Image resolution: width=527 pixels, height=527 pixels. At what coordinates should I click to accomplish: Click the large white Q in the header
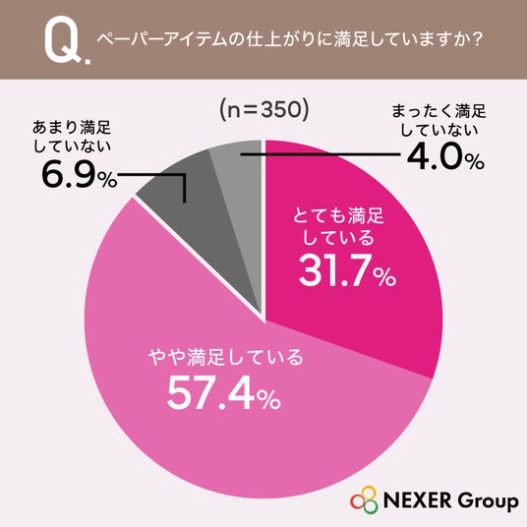click(x=63, y=42)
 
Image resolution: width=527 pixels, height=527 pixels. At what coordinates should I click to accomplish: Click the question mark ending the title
click(x=477, y=39)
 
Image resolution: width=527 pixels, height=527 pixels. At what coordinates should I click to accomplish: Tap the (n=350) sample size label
click(x=263, y=110)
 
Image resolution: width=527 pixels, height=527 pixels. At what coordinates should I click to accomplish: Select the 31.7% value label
click(x=347, y=270)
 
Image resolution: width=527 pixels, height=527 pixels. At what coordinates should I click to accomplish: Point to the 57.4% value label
click(x=224, y=392)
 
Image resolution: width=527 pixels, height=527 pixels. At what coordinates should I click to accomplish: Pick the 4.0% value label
click(x=445, y=157)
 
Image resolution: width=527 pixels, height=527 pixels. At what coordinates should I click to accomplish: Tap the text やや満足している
click(x=226, y=357)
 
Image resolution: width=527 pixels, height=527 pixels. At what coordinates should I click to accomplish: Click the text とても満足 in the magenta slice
click(x=338, y=215)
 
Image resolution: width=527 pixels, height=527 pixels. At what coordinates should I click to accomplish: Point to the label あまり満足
click(x=72, y=128)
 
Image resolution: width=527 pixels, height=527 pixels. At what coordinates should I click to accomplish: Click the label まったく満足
click(x=439, y=111)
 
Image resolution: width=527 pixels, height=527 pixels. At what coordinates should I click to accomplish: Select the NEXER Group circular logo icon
click(x=364, y=499)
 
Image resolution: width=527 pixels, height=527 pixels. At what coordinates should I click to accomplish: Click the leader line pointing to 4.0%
click(x=321, y=154)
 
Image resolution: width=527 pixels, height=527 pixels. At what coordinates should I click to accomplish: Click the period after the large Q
click(x=88, y=61)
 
